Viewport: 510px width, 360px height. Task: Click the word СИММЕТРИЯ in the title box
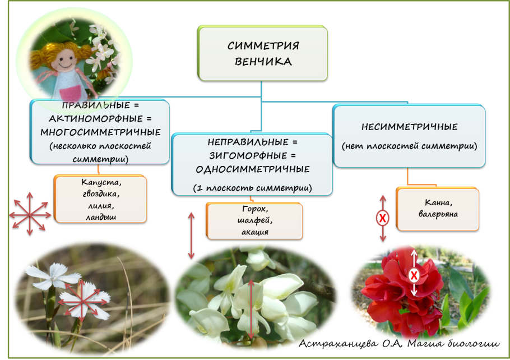point(263,45)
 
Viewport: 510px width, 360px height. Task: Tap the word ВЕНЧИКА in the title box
point(263,61)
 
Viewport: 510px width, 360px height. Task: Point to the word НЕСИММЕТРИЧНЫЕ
point(409,127)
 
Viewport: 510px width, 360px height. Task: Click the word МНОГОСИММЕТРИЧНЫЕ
point(100,132)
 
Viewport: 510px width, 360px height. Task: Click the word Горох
point(254,210)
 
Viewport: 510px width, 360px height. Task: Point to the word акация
point(254,232)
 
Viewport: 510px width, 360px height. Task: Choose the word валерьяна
point(437,214)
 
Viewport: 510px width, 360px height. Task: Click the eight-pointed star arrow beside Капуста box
point(31,213)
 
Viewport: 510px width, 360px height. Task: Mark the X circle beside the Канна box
point(383,219)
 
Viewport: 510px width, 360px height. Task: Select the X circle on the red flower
point(414,275)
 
